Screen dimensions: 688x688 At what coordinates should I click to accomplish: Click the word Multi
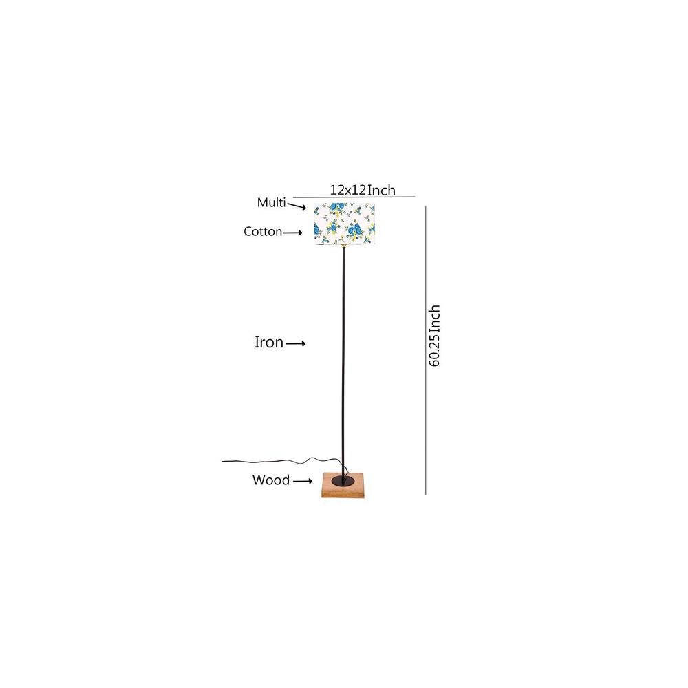coord(271,203)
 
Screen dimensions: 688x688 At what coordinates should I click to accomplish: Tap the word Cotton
coord(263,232)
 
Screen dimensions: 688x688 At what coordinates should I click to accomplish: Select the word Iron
coord(269,343)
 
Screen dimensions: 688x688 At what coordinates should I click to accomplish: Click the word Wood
coord(270,481)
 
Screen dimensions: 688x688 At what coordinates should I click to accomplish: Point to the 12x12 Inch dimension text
coord(362,191)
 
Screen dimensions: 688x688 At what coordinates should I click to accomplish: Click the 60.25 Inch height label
coord(434,335)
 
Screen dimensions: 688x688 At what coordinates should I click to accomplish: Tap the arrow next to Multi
coord(297,206)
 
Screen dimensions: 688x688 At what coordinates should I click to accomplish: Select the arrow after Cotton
coord(293,233)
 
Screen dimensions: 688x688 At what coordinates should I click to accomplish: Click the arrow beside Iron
coord(296,343)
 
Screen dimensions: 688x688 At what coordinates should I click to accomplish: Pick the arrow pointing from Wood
coord(303,482)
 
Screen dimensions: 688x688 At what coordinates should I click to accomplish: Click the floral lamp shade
coord(345,224)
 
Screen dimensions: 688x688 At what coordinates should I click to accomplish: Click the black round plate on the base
coord(341,480)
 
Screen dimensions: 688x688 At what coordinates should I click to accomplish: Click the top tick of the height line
coord(427,205)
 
